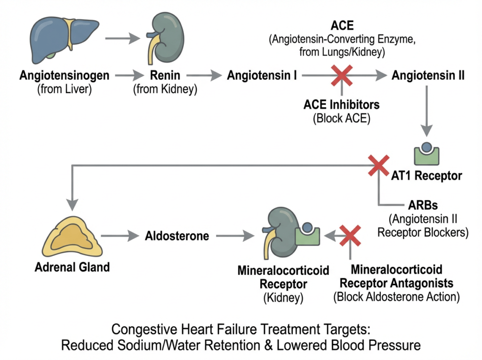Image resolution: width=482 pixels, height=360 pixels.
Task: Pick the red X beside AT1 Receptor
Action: (x=378, y=165)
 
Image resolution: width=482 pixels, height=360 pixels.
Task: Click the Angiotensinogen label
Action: (x=65, y=75)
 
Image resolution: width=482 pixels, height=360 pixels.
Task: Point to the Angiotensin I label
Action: (x=262, y=75)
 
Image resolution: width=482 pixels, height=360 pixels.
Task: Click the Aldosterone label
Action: (x=177, y=236)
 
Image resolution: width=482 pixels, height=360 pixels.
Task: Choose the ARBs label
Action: (x=422, y=205)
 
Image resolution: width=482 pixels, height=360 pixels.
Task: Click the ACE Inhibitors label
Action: (x=341, y=104)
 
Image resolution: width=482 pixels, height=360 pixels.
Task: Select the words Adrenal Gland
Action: (x=72, y=267)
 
